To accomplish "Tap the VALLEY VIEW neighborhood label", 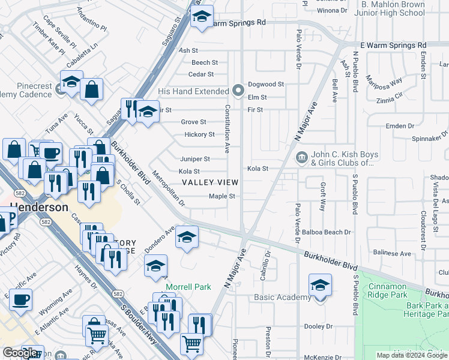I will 210,182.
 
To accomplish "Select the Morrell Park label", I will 188,287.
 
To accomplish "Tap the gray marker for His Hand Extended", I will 238,91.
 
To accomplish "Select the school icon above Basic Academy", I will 320,284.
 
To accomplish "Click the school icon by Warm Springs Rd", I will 202,16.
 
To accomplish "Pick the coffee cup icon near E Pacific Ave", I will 20,298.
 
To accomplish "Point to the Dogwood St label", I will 265,85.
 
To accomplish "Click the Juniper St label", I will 195,159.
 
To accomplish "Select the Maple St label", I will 221,196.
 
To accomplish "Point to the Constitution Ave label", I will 228,129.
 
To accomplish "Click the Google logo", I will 20,353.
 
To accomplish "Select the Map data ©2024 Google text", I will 411,355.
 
